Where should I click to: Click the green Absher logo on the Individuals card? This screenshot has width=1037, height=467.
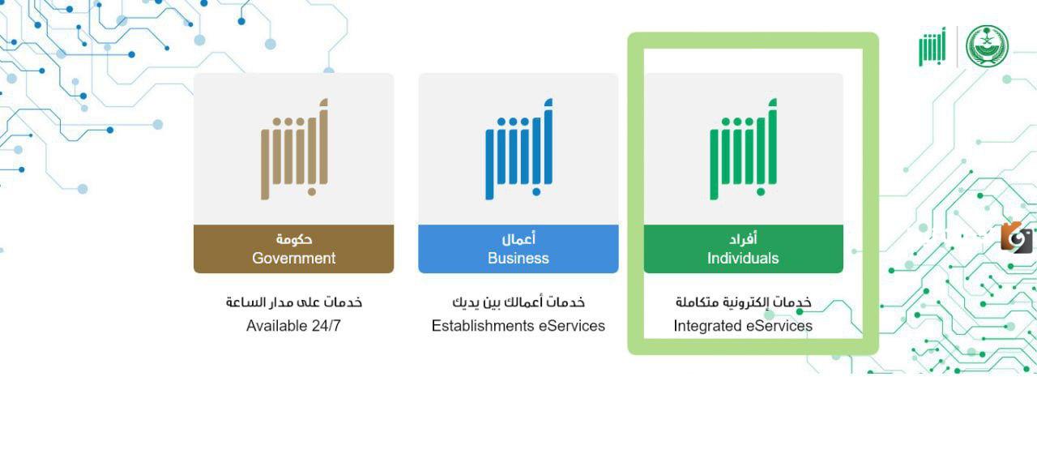pos(743,149)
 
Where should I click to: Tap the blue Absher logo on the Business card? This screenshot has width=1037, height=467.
pos(518,149)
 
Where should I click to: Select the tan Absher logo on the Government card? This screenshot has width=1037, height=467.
pos(294,149)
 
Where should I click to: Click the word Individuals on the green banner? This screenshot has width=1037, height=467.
pos(743,259)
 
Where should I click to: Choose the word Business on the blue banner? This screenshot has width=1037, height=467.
pos(518,259)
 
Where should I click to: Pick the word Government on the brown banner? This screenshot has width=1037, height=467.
pos(294,259)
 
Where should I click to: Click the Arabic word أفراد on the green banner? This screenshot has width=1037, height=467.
pos(743,239)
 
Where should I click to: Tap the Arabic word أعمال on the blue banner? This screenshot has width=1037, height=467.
pos(518,239)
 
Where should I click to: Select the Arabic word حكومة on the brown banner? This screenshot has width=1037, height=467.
pos(294,239)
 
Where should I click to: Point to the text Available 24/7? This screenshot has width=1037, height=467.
pos(294,326)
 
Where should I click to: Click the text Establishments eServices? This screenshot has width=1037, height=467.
pos(518,326)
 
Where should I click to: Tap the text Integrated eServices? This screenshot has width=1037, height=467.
pos(743,326)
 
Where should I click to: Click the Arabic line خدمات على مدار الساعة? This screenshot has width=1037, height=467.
pos(294,302)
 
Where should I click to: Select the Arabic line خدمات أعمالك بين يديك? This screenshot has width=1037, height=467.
pos(518,302)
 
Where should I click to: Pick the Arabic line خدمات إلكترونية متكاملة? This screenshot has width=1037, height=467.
pos(743,302)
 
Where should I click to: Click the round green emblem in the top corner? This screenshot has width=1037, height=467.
pos(987,46)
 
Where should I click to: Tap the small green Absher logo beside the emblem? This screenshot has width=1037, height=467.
pos(932,48)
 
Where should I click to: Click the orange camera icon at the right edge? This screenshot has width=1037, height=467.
pos(1016,238)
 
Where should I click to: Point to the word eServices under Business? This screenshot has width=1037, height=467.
pos(572,326)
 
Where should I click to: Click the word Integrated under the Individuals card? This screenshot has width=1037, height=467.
pos(706,326)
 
